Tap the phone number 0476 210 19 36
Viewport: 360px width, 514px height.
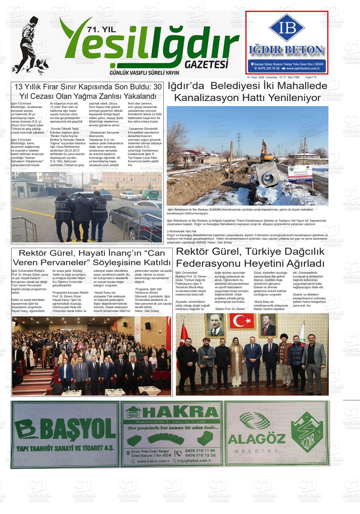(x=267, y=68)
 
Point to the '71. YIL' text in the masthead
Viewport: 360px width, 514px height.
(x=102, y=30)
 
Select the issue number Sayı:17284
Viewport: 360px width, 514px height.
(x=294, y=77)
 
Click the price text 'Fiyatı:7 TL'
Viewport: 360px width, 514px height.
(x=311, y=77)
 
